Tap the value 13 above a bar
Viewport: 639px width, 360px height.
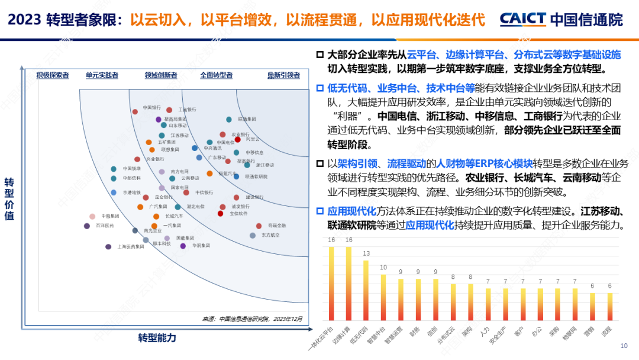366,253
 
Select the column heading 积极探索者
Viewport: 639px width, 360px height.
53,75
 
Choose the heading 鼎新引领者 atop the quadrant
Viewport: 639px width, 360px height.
283,75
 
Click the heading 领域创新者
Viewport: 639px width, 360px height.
161,75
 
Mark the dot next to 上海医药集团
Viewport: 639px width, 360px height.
108,246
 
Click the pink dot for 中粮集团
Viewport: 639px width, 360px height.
92,217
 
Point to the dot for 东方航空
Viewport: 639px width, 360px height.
253,235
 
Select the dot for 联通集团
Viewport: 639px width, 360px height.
229,120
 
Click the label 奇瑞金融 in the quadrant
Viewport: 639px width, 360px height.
276,226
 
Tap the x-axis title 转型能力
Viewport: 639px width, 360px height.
157,338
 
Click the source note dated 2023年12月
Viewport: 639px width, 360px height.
253,319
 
